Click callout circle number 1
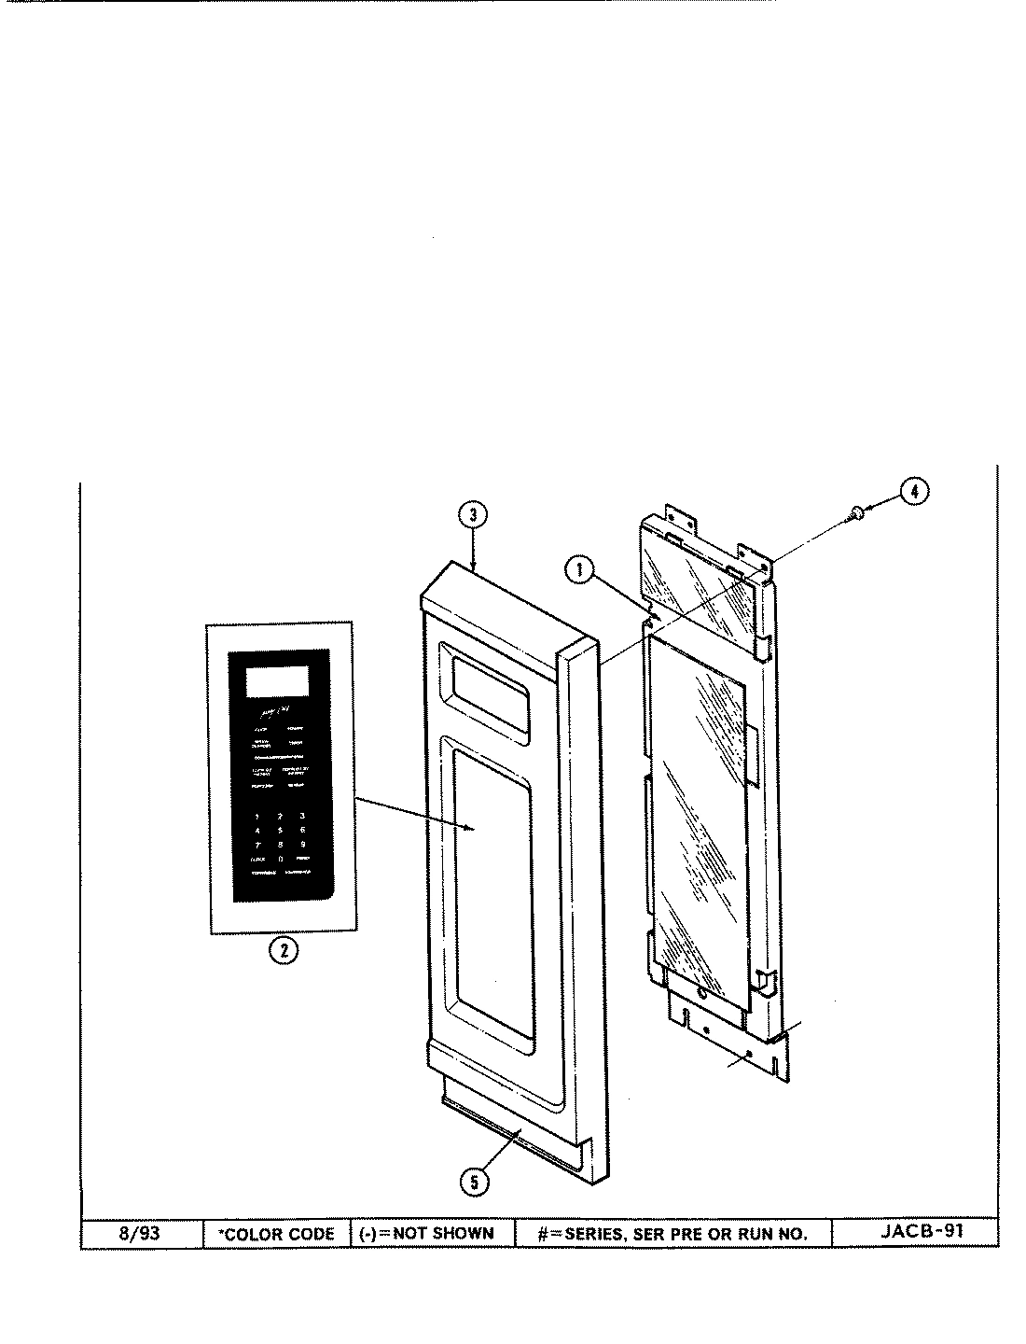579,569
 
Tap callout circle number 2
283,951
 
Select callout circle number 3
473,514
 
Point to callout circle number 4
915,492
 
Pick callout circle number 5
473,1181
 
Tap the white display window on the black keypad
277,681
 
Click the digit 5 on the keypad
280,829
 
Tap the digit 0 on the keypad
280,858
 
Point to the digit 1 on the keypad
256,816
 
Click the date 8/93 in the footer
141,1233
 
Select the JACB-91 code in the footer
922,1230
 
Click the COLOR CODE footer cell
276,1234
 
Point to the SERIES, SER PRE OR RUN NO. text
672,1234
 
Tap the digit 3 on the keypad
302,816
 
